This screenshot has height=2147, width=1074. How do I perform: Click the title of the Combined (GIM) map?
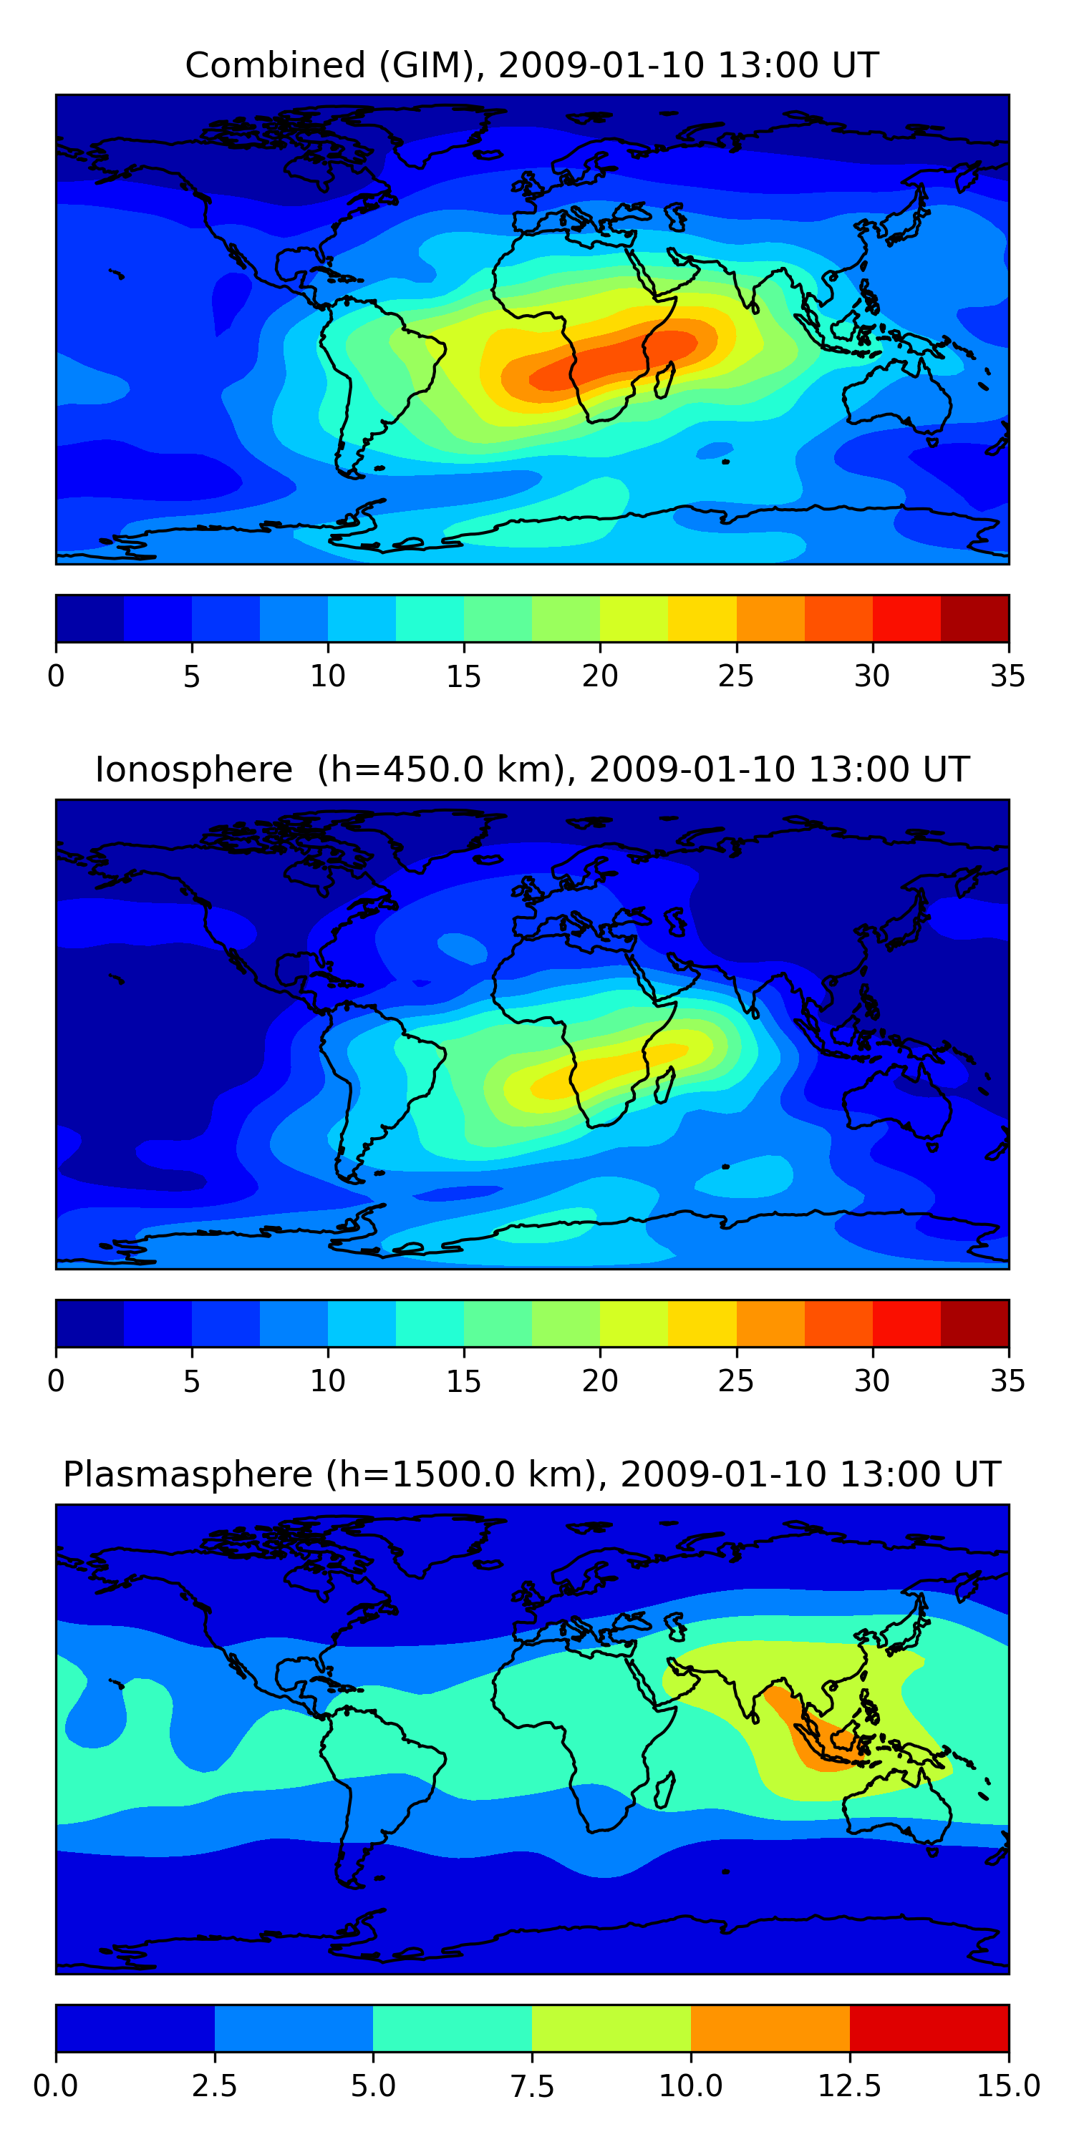click(532, 65)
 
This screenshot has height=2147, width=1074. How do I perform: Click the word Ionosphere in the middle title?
click(193, 769)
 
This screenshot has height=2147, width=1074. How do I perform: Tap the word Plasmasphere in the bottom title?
click(188, 1474)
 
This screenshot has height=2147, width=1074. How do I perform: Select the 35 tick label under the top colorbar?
click(1007, 676)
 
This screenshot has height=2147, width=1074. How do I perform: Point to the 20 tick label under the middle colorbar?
click(599, 1381)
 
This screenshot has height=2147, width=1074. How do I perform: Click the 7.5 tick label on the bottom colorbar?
click(532, 2086)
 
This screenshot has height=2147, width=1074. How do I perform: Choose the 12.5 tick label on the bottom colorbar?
click(849, 2086)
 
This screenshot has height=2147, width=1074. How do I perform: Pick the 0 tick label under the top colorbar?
click(56, 676)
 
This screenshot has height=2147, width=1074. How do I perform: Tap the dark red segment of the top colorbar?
click(974, 618)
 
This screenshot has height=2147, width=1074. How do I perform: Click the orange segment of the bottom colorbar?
click(770, 2027)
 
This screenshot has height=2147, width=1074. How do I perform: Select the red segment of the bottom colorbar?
click(928, 2027)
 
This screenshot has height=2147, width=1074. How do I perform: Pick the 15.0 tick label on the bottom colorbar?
click(1007, 2086)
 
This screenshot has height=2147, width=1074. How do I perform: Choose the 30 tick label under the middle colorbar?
click(871, 1381)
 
